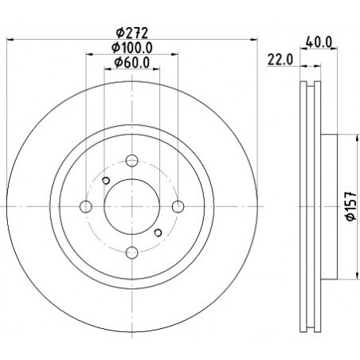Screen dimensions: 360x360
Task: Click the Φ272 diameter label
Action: coord(131,33)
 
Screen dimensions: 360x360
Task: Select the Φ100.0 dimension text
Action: coord(132,48)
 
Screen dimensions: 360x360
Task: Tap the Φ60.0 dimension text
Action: coord(132,63)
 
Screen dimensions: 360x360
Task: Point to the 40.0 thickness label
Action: coord(319,41)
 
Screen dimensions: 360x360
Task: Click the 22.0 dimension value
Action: coord(280,60)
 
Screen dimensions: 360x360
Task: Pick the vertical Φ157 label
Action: coord(351,206)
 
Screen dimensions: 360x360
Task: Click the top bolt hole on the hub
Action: coord(131,160)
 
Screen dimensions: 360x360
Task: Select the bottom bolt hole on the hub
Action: coord(131,252)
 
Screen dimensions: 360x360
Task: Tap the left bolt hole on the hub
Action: coord(86,206)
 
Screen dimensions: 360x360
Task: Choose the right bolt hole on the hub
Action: coord(178,206)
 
